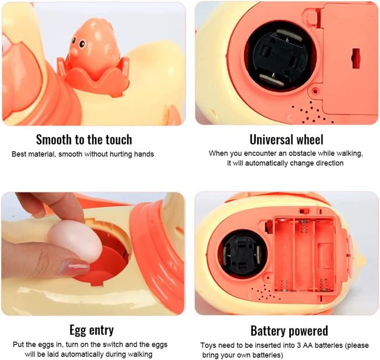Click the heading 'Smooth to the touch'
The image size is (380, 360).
(84, 140)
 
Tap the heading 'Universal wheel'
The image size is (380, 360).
(286, 140)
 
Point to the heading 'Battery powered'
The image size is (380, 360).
(289, 331)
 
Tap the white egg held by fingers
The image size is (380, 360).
(75, 238)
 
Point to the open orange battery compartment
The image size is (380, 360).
(303, 252)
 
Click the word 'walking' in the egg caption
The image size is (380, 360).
(138, 354)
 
